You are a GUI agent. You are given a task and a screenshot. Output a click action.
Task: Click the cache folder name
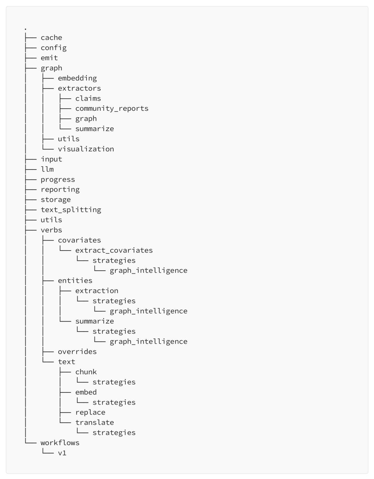(51, 37)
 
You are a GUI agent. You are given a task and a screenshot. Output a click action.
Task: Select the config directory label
(54, 48)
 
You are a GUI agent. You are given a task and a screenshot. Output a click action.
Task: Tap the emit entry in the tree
(49, 58)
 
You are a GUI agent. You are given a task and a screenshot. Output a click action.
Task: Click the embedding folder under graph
(77, 78)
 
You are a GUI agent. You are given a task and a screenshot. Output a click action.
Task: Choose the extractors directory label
(79, 88)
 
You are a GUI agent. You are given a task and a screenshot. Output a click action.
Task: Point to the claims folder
(88, 98)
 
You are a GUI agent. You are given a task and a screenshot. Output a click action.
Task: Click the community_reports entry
(112, 109)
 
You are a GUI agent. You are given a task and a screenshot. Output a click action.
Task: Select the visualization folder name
(86, 149)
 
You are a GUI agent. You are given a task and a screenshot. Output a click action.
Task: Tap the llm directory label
(47, 169)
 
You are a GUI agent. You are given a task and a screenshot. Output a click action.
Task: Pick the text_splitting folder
(71, 210)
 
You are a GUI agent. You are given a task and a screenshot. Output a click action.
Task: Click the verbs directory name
(51, 230)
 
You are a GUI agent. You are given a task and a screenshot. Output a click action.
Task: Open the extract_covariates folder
(114, 251)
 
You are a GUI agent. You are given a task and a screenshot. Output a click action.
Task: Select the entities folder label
(75, 281)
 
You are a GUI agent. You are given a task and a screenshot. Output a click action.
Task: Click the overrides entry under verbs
(77, 352)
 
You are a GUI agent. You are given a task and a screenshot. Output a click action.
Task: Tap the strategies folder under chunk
(114, 382)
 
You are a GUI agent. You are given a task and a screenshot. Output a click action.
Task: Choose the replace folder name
(90, 413)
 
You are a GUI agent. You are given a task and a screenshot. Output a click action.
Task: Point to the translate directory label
(95, 423)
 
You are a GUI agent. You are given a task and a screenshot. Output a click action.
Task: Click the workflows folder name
(60, 443)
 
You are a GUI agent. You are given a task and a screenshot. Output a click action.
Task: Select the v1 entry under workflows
(62, 453)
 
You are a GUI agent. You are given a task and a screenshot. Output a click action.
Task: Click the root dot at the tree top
(26, 29)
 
